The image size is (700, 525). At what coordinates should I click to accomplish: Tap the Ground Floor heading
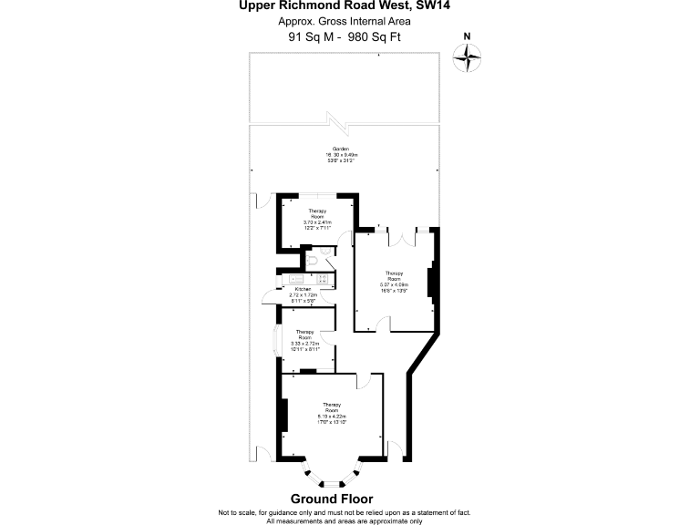332,499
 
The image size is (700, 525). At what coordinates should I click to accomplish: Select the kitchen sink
295,279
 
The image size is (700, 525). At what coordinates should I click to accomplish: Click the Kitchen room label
303,290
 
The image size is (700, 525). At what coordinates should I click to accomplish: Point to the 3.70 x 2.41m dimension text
317,221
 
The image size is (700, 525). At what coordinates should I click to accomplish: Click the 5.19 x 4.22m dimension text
332,416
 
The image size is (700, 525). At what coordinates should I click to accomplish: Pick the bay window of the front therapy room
332,477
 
